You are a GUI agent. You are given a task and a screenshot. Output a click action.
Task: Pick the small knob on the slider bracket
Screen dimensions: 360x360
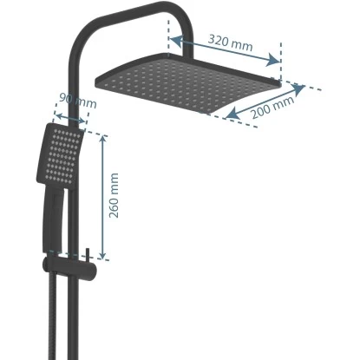88,255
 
